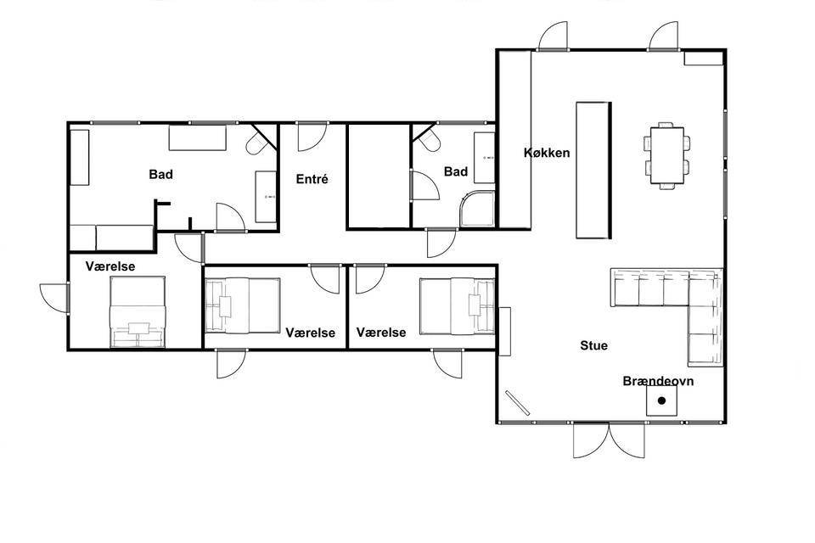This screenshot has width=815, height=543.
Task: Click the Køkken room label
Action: (547, 153)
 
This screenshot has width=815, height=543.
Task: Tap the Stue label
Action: (593, 345)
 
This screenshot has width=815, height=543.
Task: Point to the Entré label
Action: (312, 179)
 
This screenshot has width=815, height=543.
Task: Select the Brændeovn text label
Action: (658, 381)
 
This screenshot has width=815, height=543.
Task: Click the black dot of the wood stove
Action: (661, 400)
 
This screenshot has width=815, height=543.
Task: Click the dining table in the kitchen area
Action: (667, 155)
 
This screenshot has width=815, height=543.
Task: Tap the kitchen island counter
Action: (593, 170)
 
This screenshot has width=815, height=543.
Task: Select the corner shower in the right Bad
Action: (477, 209)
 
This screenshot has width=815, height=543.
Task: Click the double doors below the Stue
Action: (610, 440)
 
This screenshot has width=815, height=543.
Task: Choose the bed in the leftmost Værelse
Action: (138, 311)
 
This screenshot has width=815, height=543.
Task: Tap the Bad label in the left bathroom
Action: (160, 174)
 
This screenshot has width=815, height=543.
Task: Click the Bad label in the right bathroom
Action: (456, 171)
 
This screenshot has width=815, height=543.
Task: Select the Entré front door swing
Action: (312, 137)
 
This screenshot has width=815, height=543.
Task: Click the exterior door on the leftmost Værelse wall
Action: (54, 298)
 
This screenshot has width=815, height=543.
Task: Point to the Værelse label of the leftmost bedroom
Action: (110, 266)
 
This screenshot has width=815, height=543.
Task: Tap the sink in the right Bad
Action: (485, 158)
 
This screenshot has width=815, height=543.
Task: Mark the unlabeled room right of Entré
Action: (379, 176)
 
